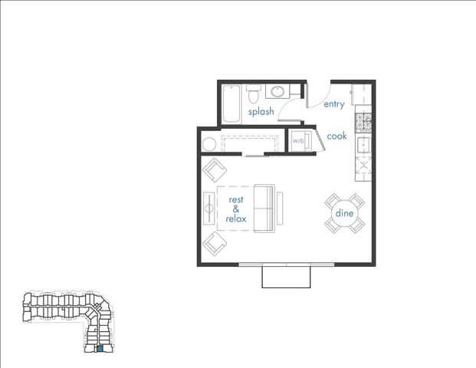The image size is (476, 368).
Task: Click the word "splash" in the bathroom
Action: tap(261, 112)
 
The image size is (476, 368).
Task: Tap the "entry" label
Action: tap(334, 104)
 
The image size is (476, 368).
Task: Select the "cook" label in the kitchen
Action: tap(336, 136)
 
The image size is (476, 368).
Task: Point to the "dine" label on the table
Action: tap(344, 213)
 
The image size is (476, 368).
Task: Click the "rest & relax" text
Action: tap(235, 209)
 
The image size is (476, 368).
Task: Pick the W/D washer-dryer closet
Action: tap(298, 142)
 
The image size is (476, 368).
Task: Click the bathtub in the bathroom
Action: tap(231, 103)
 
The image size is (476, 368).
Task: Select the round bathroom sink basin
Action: tap(277, 93)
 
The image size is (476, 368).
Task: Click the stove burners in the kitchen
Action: tap(363, 120)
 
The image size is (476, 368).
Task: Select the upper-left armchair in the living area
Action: tap(214, 170)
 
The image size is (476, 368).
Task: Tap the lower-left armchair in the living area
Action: tap(214, 245)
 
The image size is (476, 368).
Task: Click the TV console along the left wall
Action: tap(208, 208)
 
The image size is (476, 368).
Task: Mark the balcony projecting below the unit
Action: tap(286, 277)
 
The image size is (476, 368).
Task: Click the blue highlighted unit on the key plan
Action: tap(99, 350)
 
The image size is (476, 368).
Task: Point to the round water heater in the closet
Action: tap(208, 143)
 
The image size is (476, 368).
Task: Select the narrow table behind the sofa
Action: tap(281, 209)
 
